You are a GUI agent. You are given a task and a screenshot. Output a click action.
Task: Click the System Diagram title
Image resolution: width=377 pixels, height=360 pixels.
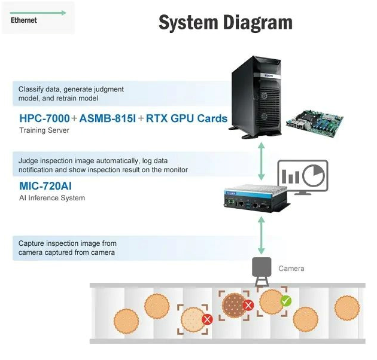(x=225, y=23)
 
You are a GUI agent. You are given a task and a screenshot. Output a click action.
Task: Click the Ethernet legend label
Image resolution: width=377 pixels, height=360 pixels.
(x=24, y=20)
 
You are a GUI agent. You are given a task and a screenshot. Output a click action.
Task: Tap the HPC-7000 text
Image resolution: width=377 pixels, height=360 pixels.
(x=44, y=118)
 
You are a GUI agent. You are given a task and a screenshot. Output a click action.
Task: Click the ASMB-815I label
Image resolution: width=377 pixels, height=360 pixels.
(x=108, y=118)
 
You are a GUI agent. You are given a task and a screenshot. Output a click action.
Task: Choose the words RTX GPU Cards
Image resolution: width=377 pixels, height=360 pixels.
(x=187, y=118)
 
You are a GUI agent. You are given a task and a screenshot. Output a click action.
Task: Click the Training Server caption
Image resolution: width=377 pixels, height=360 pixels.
(x=44, y=130)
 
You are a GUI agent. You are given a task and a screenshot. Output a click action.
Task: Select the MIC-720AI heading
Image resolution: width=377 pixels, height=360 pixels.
(x=45, y=186)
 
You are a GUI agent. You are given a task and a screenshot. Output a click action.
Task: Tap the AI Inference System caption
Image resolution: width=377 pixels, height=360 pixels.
(x=51, y=198)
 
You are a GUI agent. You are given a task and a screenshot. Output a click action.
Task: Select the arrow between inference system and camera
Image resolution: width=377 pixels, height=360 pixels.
(x=261, y=236)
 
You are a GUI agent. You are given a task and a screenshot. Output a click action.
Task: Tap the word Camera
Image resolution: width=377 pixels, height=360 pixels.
(x=291, y=269)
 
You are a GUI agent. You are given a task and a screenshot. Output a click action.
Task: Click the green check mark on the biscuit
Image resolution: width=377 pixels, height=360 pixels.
(x=286, y=301)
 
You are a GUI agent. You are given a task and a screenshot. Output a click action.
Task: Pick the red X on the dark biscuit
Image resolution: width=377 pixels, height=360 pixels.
(x=248, y=306)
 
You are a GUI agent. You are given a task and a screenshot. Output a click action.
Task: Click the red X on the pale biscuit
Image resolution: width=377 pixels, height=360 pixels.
(x=208, y=319)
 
